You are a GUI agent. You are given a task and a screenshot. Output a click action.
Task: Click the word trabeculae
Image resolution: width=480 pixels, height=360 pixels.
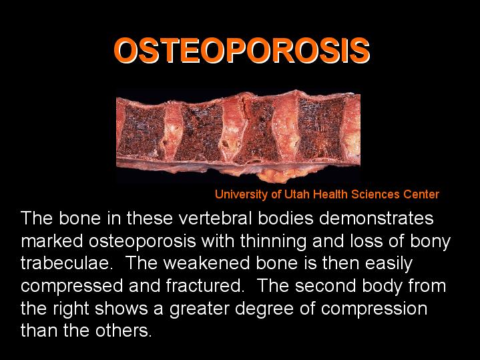(65, 263)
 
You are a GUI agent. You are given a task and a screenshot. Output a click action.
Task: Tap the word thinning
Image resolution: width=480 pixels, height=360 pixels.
(273, 242)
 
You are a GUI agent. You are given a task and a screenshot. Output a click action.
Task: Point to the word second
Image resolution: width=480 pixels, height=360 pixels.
(325, 286)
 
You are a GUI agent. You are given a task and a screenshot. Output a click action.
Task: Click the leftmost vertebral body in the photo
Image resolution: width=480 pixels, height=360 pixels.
(142, 131)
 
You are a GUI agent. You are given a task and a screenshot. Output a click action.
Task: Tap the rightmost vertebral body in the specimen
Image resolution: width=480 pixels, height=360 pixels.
(321, 130)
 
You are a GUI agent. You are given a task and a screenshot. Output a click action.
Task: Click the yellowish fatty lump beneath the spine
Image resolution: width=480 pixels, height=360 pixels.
(277, 175)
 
